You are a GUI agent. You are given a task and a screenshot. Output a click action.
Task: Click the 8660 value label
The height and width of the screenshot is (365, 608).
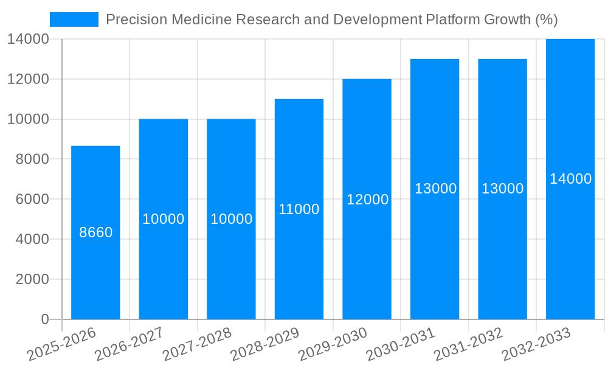(96, 232)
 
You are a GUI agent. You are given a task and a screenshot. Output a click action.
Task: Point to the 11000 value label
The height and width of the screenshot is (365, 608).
(299, 209)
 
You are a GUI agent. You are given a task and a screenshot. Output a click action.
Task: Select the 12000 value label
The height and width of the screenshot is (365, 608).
(367, 200)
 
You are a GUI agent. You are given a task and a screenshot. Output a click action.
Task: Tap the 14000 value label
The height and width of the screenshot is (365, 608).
(570, 179)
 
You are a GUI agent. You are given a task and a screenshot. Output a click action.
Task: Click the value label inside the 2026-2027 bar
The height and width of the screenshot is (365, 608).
(164, 219)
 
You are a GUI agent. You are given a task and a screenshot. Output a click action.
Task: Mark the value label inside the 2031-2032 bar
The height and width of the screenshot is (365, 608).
(502, 189)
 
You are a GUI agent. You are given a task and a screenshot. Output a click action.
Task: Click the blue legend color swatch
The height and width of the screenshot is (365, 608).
(74, 19)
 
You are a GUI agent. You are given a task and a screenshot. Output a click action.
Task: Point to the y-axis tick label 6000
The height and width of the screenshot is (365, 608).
(28, 200)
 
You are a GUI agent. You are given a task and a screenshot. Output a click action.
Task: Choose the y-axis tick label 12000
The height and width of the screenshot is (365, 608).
(28, 79)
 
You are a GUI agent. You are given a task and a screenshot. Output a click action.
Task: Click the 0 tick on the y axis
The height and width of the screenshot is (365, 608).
(44, 319)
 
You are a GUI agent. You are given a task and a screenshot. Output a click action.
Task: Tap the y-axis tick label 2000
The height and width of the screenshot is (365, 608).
(28, 279)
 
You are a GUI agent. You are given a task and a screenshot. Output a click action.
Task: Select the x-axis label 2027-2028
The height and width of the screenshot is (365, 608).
(198, 344)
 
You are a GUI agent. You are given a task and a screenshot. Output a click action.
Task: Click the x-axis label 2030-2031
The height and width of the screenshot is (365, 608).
(401, 344)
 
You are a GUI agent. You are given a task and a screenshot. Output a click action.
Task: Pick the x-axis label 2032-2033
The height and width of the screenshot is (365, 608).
(536, 344)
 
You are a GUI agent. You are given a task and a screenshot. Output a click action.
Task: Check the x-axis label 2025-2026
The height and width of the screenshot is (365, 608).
(62, 344)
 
